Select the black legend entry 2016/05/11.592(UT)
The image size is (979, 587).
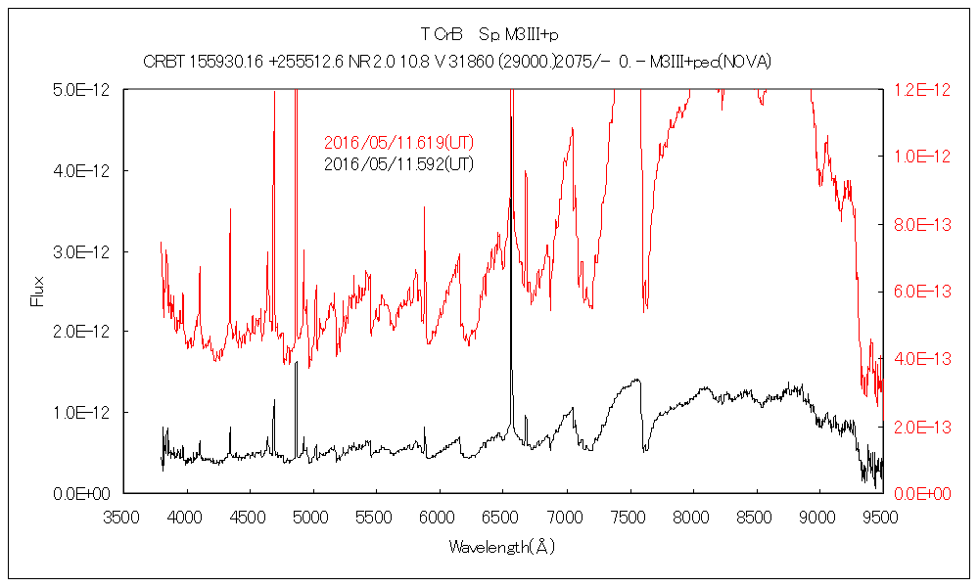tap(398, 163)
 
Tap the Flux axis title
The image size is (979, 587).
tap(38, 292)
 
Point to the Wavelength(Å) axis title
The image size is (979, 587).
tap(501, 546)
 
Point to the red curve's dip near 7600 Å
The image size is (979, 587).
tap(644, 309)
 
